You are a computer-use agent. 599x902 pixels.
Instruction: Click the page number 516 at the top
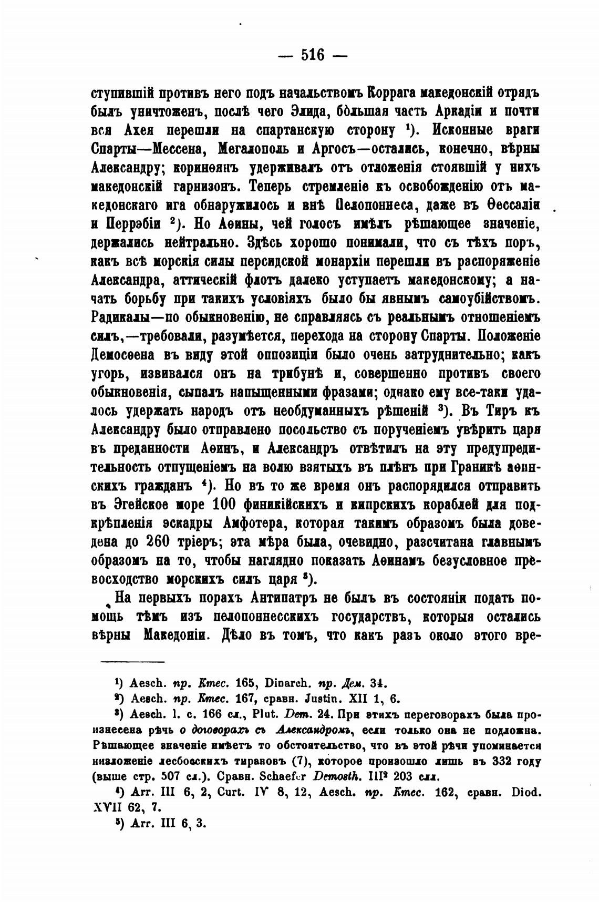click(x=313, y=55)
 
